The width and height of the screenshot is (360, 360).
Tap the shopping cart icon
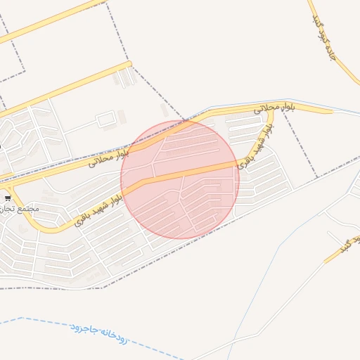(8, 198)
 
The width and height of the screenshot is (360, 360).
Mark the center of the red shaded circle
(180, 179)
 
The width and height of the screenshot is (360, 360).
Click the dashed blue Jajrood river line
(42, 321)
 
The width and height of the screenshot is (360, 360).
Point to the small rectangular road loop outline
(105, 120)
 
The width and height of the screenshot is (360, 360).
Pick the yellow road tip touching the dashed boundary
(129, 64)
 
